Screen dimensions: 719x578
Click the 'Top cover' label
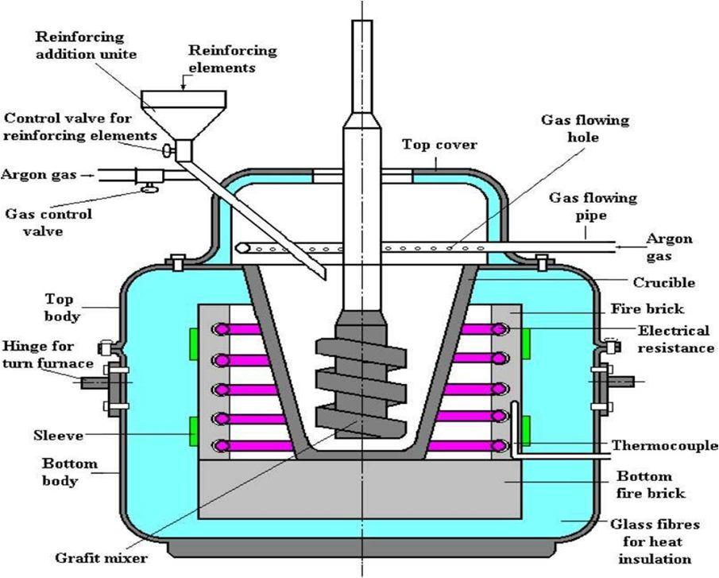pyautogui.click(x=440, y=145)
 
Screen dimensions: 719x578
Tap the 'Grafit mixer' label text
pyautogui.click(x=102, y=558)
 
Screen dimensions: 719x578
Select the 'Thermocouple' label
pyautogui.click(x=665, y=445)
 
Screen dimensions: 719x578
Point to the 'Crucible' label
pyautogui.click(x=664, y=282)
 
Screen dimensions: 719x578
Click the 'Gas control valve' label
pyautogui.click(x=48, y=223)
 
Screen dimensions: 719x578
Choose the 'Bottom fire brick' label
pyautogui.click(x=650, y=484)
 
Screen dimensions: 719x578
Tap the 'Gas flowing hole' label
pyautogui.click(x=585, y=129)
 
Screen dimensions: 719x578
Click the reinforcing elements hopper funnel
pyautogui.click(x=184, y=114)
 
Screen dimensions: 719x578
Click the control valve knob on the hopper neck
pyautogui.click(x=168, y=149)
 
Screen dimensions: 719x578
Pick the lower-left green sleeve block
pyautogui.click(x=194, y=431)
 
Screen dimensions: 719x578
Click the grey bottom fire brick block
pyautogui.click(x=359, y=490)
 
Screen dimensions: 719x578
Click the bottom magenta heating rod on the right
pyautogui.click(x=468, y=445)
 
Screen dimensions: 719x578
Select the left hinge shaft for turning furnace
pyautogui.click(x=95, y=382)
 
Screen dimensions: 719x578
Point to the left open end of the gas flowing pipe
pyautogui.click(x=242, y=248)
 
